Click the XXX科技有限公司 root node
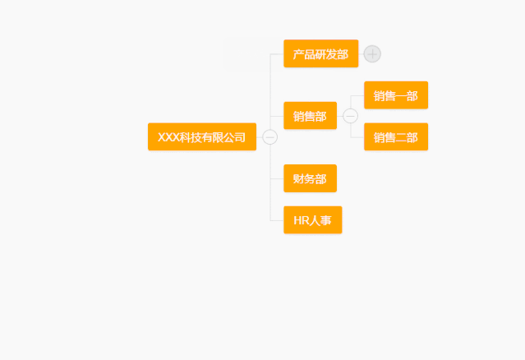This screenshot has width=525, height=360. tap(201, 136)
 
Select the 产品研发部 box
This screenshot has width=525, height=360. tap(320, 53)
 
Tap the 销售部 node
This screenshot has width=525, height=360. tap(310, 116)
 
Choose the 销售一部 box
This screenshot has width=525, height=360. tap(395, 95)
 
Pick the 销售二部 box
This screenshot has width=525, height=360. tap(395, 137)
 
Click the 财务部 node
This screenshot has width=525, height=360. tap(310, 178)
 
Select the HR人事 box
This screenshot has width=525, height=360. tap(312, 219)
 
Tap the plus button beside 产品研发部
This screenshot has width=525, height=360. tap(372, 53)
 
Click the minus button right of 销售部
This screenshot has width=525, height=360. tap(351, 116)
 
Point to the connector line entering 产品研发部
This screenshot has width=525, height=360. tap(277, 53)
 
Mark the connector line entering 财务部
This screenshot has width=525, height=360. tap(277, 178)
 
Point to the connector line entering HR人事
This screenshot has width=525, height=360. tap(277, 219)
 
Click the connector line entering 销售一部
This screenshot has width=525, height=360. tap(357, 95)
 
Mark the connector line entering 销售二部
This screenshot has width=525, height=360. tap(357, 137)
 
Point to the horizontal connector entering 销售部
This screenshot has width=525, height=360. tap(277, 116)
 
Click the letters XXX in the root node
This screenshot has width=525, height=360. tap(168, 136)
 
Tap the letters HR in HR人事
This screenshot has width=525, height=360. tap(301, 219)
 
